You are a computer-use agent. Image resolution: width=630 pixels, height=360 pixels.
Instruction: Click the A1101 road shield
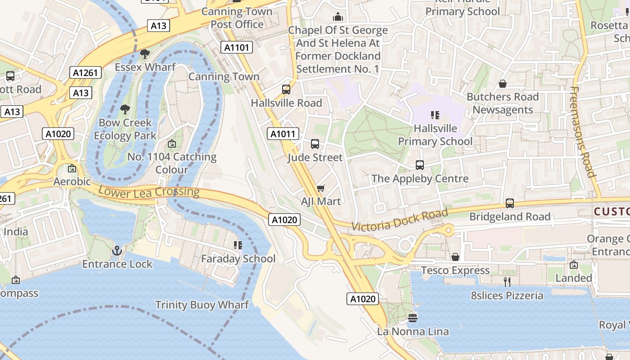pyautogui.click(x=237, y=47)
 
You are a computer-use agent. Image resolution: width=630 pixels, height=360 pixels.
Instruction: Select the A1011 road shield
pyautogui.click(x=283, y=134)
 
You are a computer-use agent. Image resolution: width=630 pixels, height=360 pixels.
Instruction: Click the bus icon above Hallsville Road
pyautogui.click(x=286, y=89)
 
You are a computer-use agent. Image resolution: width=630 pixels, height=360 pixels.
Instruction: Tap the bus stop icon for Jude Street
pyautogui.click(x=315, y=144)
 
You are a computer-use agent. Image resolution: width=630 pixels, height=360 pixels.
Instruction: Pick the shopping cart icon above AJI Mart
pyautogui.click(x=320, y=188)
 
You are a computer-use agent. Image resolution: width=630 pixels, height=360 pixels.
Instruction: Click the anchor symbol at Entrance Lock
pyautogui.click(x=117, y=250)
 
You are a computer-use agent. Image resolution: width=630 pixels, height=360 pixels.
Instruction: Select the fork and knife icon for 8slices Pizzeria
pyautogui.click(x=507, y=282)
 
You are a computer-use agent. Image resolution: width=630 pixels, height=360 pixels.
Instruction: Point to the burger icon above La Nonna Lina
pyautogui.click(x=413, y=318)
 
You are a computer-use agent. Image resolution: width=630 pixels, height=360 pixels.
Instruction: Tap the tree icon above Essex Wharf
pyautogui.click(x=144, y=54)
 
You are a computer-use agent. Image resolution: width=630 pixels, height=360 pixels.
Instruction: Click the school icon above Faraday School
pyautogui.click(x=238, y=245)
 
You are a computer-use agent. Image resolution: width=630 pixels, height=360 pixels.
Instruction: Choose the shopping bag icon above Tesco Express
pyautogui.click(x=455, y=257)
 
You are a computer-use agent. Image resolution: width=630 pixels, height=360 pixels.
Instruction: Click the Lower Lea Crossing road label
pyautogui.click(x=148, y=192)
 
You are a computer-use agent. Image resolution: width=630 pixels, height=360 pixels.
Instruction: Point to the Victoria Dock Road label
pyautogui.click(x=400, y=220)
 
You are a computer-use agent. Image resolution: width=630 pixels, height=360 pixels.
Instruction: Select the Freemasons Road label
pyautogui.click(x=583, y=132)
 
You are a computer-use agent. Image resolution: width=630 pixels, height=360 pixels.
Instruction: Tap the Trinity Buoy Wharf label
pyautogui.click(x=202, y=305)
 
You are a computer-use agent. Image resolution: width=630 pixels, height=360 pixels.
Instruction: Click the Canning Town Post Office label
pyautogui.click(x=237, y=18)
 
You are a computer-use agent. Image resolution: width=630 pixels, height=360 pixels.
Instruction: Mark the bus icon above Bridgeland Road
pyautogui.click(x=509, y=203)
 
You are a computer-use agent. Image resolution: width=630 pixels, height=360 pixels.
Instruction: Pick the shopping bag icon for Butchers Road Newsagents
pyautogui.click(x=503, y=84)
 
